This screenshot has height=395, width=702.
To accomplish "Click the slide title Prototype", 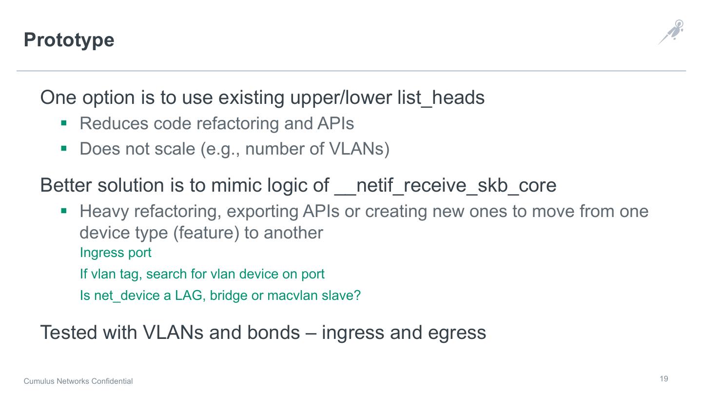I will pos(69,40).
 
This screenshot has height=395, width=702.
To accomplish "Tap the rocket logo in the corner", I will pos(671,32).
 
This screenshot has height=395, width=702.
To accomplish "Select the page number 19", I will pos(664,379).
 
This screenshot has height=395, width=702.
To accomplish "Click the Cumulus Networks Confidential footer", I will pos(78,381).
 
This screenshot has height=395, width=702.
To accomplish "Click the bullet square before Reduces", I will pos(63,123).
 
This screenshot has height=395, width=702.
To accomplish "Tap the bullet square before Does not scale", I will pos(63,148).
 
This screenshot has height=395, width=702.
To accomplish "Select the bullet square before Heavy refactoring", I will pos(63,211).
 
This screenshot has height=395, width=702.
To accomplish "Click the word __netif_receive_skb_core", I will pos(445,185).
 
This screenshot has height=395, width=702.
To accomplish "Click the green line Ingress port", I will pos(116,253).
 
